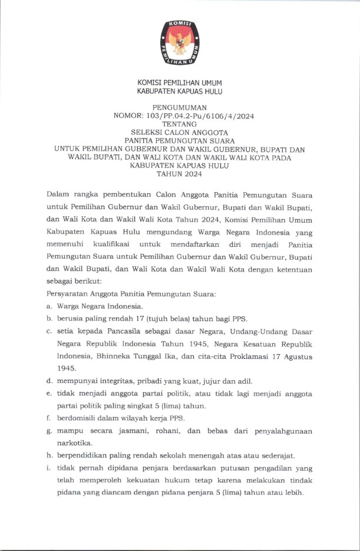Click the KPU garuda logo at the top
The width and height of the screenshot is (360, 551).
[180, 42]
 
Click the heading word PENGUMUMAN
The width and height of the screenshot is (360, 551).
[180, 108]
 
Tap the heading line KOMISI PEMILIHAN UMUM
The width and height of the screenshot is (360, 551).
[180, 83]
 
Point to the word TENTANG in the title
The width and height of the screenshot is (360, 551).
[180, 124]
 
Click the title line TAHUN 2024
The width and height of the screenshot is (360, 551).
[180, 174]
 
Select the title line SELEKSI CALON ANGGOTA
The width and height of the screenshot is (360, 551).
[180, 133]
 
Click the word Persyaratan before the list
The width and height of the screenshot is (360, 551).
[68, 293]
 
